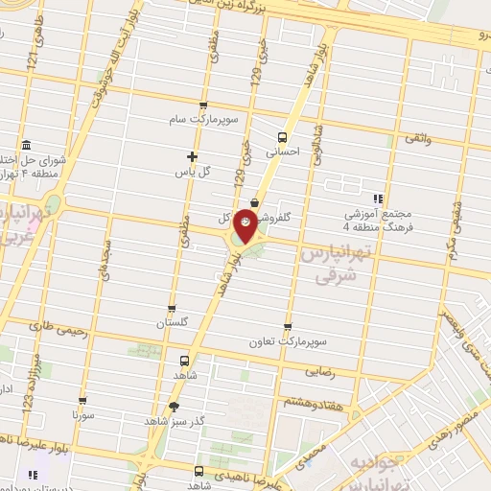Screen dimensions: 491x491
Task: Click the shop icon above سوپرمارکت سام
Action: (x=202, y=105)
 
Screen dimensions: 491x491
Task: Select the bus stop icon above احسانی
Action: (x=282, y=136)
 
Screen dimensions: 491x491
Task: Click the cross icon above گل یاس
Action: (x=192, y=155)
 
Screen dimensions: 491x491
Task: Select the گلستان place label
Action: (x=172, y=323)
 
